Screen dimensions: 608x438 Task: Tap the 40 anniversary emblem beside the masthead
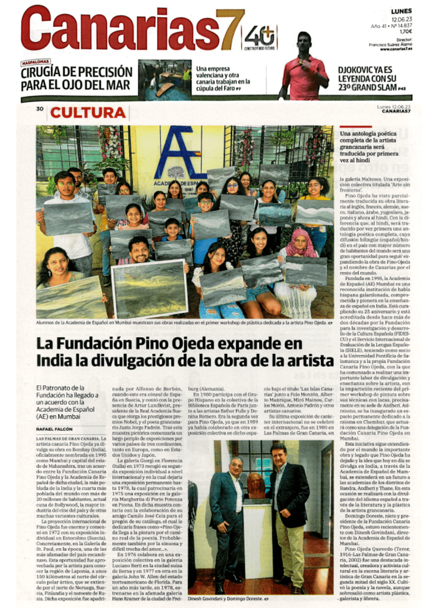(260, 37)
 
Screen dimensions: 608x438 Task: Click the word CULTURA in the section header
(87, 112)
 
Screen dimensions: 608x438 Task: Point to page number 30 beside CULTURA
(40, 109)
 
